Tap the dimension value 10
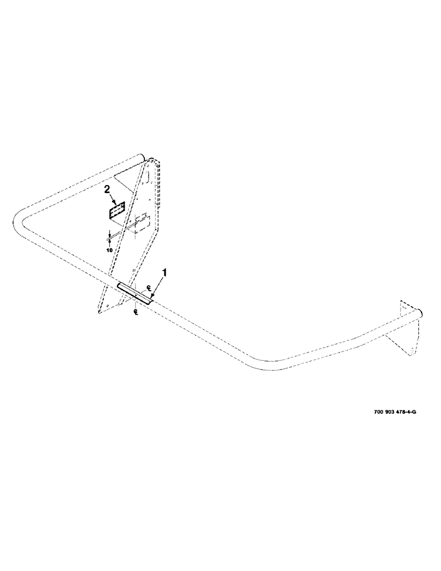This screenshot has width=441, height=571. click(x=110, y=249)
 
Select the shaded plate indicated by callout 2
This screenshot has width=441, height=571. click(x=117, y=210)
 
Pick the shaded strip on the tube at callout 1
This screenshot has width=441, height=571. click(x=135, y=292)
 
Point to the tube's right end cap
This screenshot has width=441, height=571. click(x=421, y=313)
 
